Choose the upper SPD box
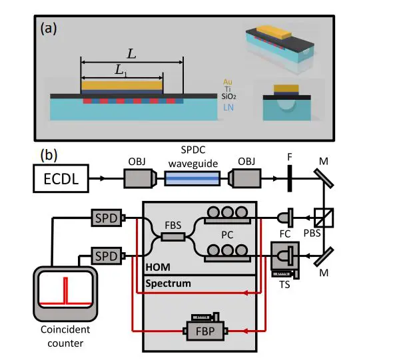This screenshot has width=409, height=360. click(x=107, y=217)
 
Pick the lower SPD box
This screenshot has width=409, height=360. click(x=107, y=255)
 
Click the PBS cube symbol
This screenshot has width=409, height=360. click(x=324, y=217)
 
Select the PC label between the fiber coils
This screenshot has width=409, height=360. click(x=226, y=236)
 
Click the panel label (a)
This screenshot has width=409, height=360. click(x=50, y=29)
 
